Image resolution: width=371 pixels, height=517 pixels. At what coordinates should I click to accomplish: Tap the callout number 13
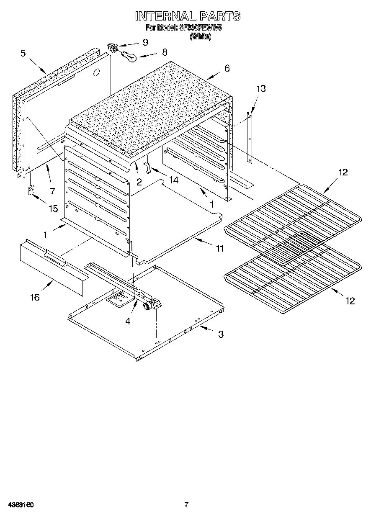tap(261, 89)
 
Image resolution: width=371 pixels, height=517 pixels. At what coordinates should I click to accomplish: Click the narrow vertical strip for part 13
tap(250, 138)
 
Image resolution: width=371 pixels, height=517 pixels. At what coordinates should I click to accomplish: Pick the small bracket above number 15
tap(30, 190)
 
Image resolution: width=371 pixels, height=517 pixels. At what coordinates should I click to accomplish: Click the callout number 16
tap(35, 297)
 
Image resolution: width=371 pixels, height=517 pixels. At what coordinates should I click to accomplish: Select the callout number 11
tap(219, 248)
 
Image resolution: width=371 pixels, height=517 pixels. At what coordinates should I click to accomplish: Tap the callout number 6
tap(227, 68)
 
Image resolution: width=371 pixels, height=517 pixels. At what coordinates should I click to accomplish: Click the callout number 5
tap(23, 53)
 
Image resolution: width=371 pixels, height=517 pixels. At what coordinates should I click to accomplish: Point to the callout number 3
tap(220, 334)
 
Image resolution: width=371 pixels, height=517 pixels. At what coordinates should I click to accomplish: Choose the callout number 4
tap(128, 321)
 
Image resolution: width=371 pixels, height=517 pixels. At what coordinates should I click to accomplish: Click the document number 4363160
tap(20, 505)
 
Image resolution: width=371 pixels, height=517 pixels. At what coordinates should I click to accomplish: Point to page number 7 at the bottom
tap(187, 504)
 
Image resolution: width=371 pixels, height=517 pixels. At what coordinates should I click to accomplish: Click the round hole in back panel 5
tap(96, 72)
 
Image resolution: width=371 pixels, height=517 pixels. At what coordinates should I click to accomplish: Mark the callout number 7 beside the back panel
tap(52, 191)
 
